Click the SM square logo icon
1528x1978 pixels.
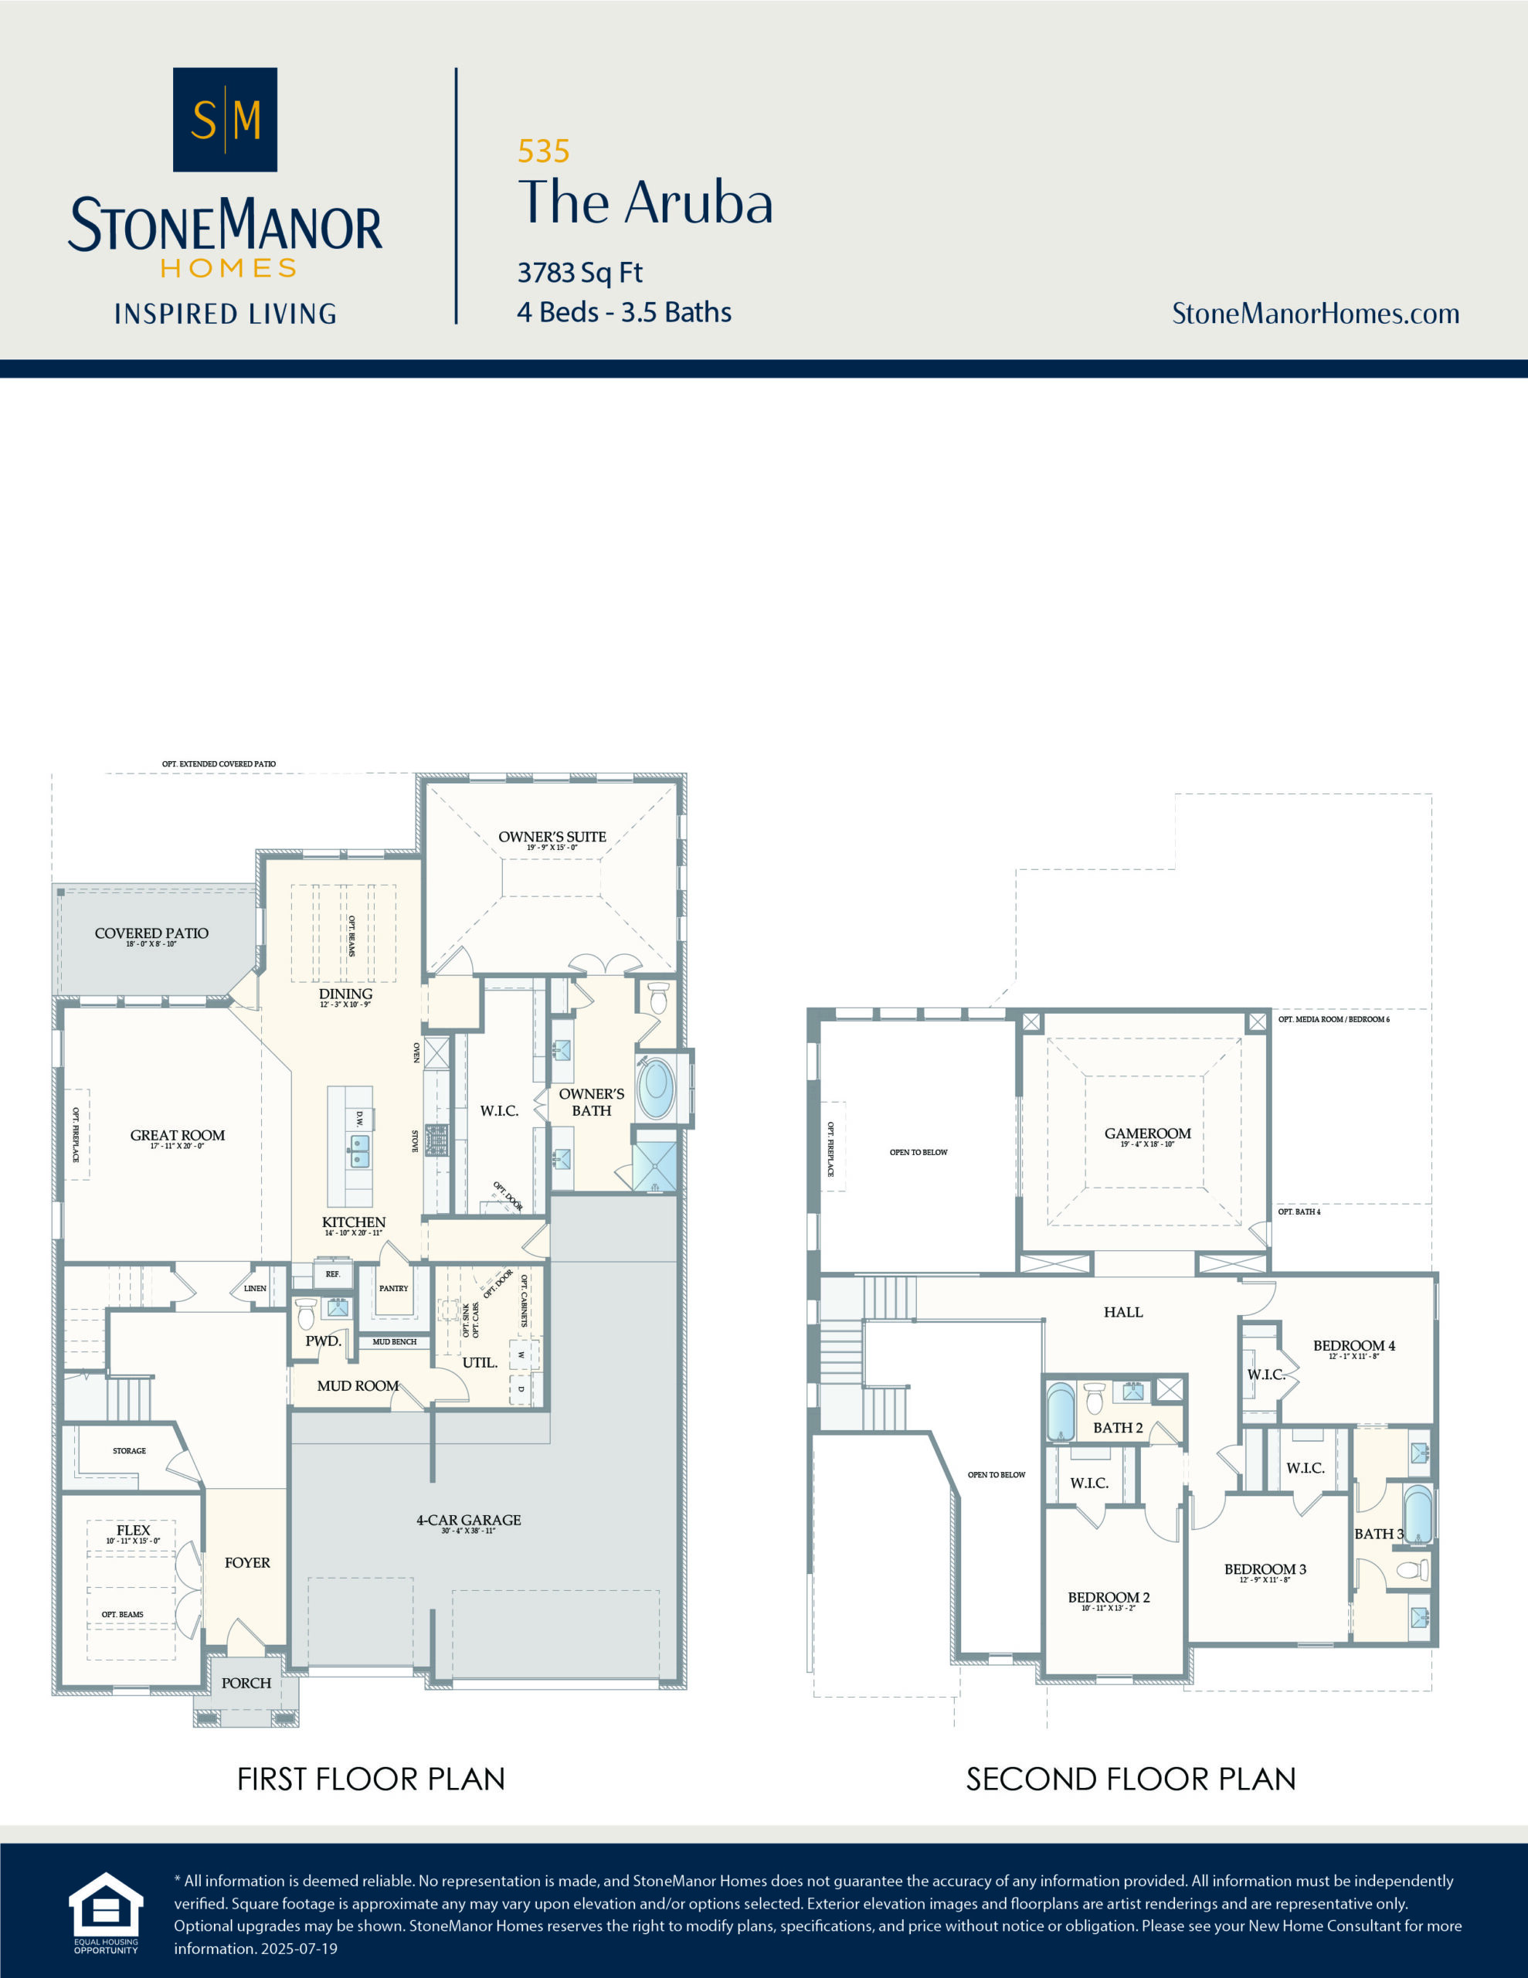pyautogui.click(x=225, y=120)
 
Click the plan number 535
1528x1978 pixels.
pyautogui.click(x=543, y=151)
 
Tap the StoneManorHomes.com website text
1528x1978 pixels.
pyautogui.click(x=1315, y=314)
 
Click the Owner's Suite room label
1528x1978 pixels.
pyautogui.click(x=552, y=837)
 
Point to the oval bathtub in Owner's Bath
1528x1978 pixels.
pyautogui.click(x=656, y=1090)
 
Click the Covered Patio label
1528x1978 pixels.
pyautogui.click(x=151, y=933)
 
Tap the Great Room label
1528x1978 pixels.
pyautogui.click(x=178, y=1136)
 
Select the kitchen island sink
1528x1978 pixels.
pyautogui.click(x=359, y=1151)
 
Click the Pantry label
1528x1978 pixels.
pyautogui.click(x=393, y=1288)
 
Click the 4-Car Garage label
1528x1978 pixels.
pyautogui.click(x=468, y=1521)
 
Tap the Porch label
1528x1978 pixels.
pyautogui.click(x=246, y=1683)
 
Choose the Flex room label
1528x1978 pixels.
pyautogui.click(x=133, y=1530)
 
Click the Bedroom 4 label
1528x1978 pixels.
pyautogui.click(x=1353, y=1346)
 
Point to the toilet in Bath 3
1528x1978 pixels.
pyautogui.click(x=1412, y=1569)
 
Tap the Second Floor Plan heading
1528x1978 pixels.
pyautogui.click(x=1130, y=1779)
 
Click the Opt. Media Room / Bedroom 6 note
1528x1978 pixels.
pyautogui.click(x=1333, y=1020)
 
